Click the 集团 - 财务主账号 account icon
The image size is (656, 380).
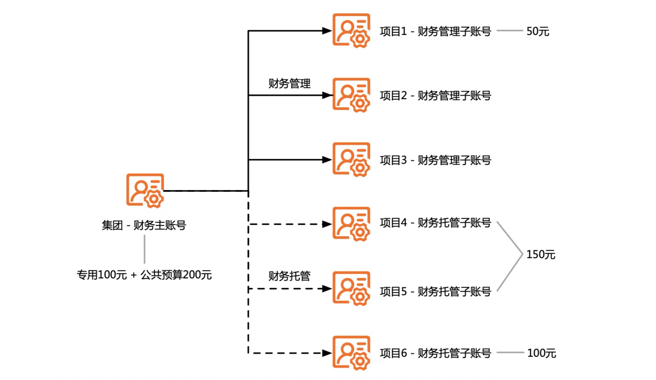[145, 190]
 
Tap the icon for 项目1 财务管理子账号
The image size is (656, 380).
[351, 30]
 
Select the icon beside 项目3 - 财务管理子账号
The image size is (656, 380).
[351, 159]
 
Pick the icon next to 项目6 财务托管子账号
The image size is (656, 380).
[351, 353]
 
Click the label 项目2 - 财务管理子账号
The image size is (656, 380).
[435, 95]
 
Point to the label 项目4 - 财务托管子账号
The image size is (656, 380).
[435, 223]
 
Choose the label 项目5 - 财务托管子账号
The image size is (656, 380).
[435, 292]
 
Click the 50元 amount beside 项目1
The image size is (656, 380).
[537, 31]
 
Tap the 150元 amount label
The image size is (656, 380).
[540, 255]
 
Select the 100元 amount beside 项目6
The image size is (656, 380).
[541, 353]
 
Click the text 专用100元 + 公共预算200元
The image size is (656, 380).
[144, 275]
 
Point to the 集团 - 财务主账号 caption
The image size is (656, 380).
[144, 225]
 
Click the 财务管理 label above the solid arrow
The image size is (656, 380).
[289, 84]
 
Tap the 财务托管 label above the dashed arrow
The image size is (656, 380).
[289, 276]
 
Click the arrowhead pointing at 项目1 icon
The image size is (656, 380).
[327, 31]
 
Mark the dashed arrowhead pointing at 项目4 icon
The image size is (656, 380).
[327, 224]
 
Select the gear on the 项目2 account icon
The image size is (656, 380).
[360, 104]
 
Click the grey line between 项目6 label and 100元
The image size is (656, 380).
[510, 353]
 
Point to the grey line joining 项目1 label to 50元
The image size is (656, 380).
[509, 31]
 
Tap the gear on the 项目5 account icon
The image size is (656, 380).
[360, 297]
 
